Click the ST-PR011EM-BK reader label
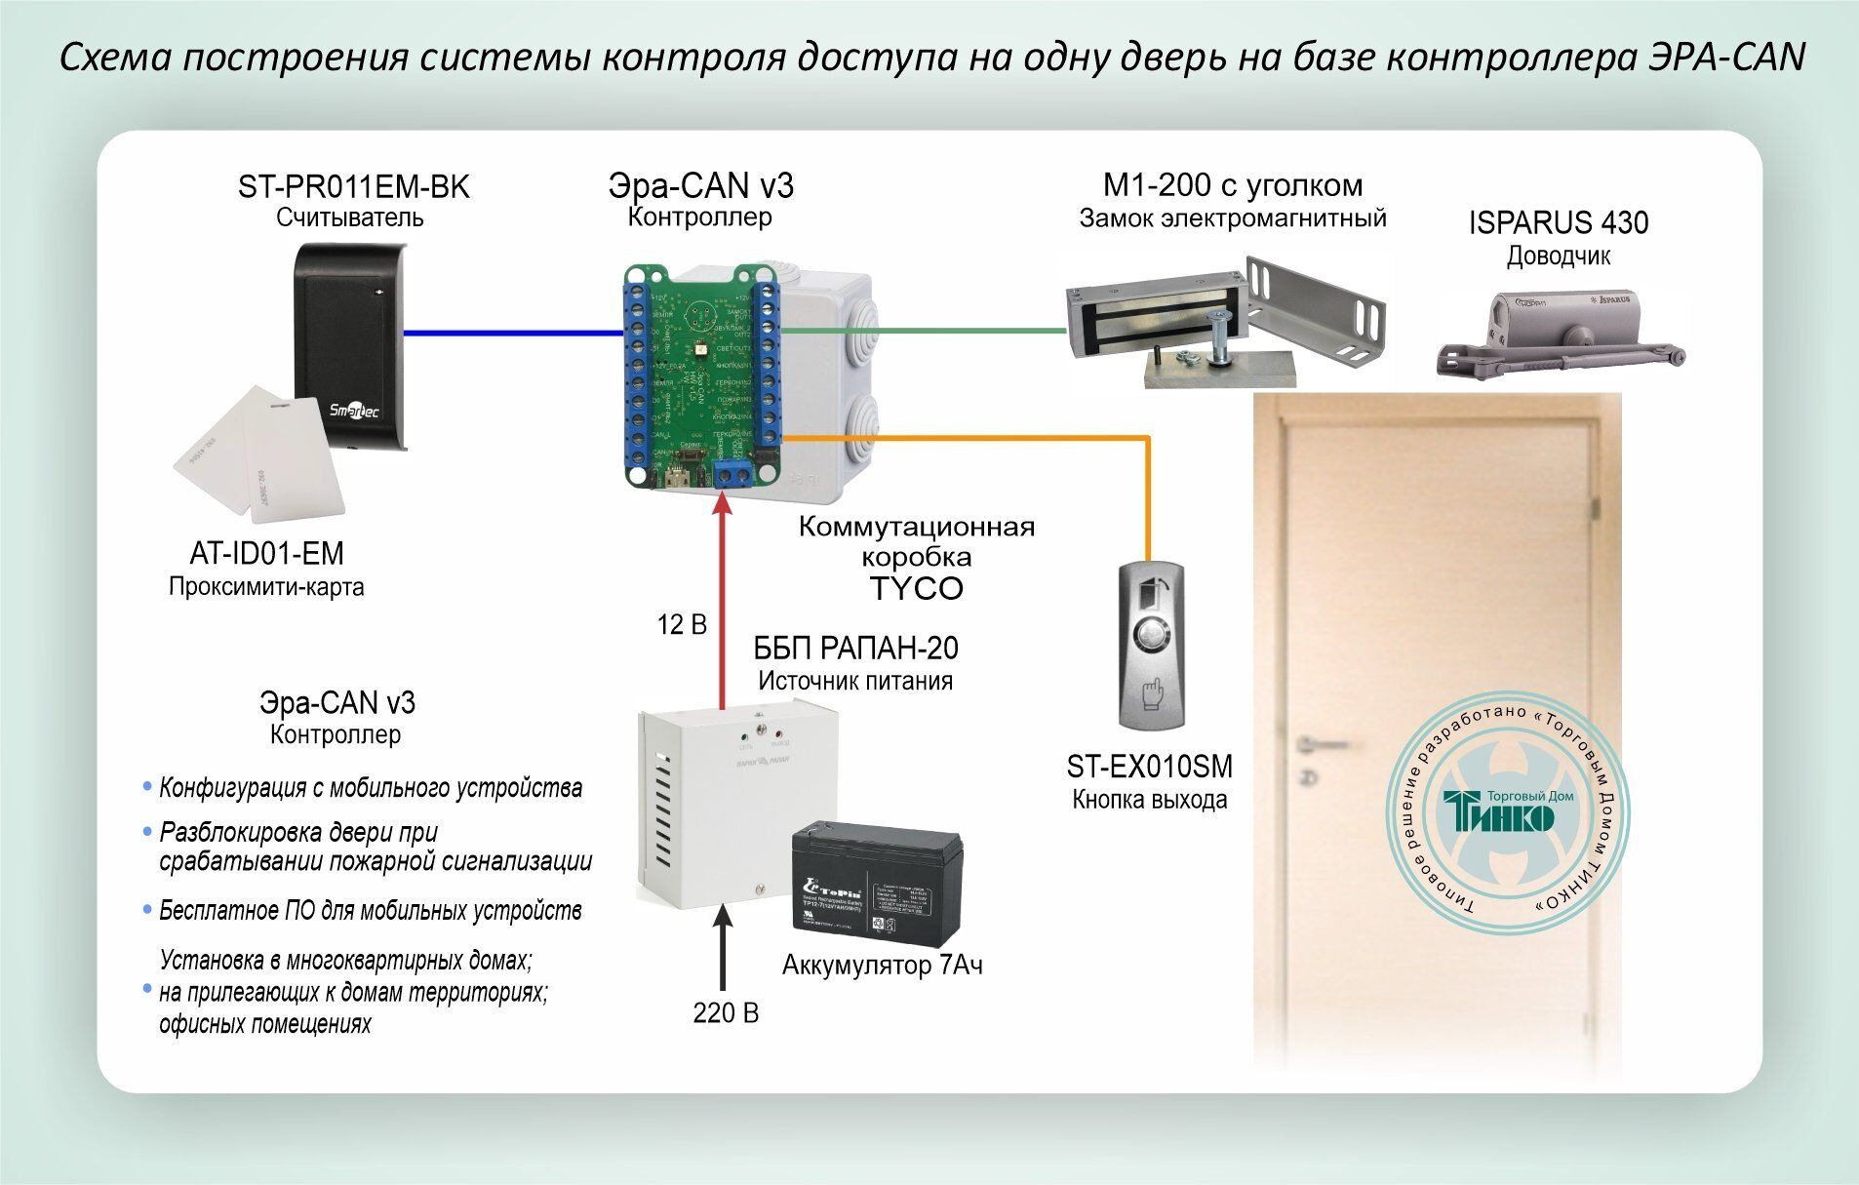(x=353, y=186)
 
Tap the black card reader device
(x=348, y=346)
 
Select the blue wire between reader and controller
(x=513, y=333)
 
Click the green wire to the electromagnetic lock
(x=922, y=330)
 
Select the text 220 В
(x=725, y=1013)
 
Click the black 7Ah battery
(x=876, y=889)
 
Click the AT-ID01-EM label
(x=266, y=554)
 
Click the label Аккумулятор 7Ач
(x=882, y=966)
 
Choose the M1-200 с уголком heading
(x=1232, y=185)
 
